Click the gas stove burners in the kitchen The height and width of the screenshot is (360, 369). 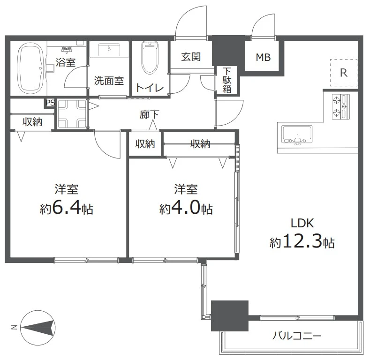pos(341,107)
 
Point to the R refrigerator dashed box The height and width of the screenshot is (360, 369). pos(344,73)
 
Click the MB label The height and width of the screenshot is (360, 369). pos(263,58)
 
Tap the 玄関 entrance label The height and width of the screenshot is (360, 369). pos(191,57)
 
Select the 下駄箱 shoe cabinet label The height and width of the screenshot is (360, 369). pos(227,80)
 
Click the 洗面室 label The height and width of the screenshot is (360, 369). pos(109,80)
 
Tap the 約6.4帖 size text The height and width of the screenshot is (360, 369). pos(67,209)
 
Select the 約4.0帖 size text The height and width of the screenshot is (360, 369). pos(186,209)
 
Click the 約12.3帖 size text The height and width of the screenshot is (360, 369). pos(301,242)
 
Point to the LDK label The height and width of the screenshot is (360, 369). pos(302,222)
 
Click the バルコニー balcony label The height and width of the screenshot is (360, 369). pos(297,336)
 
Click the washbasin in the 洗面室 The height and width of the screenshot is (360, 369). pos(110,49)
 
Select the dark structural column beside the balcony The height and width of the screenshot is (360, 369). pos(229,316)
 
